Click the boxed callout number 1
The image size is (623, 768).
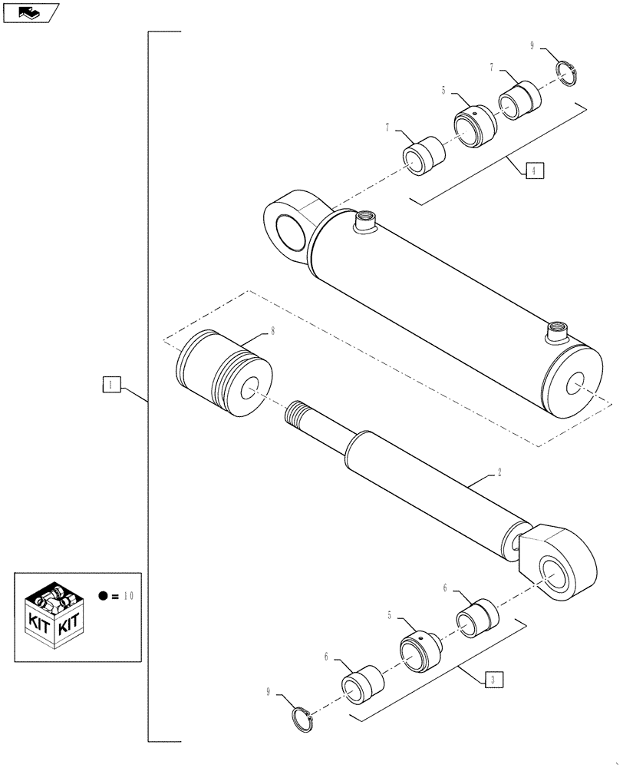click(111, 383)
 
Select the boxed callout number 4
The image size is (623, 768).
click(535, 170)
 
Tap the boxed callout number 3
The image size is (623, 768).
click(495, 679)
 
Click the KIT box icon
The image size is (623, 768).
click(55, 614)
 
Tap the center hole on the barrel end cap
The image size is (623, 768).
click(576, 385)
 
